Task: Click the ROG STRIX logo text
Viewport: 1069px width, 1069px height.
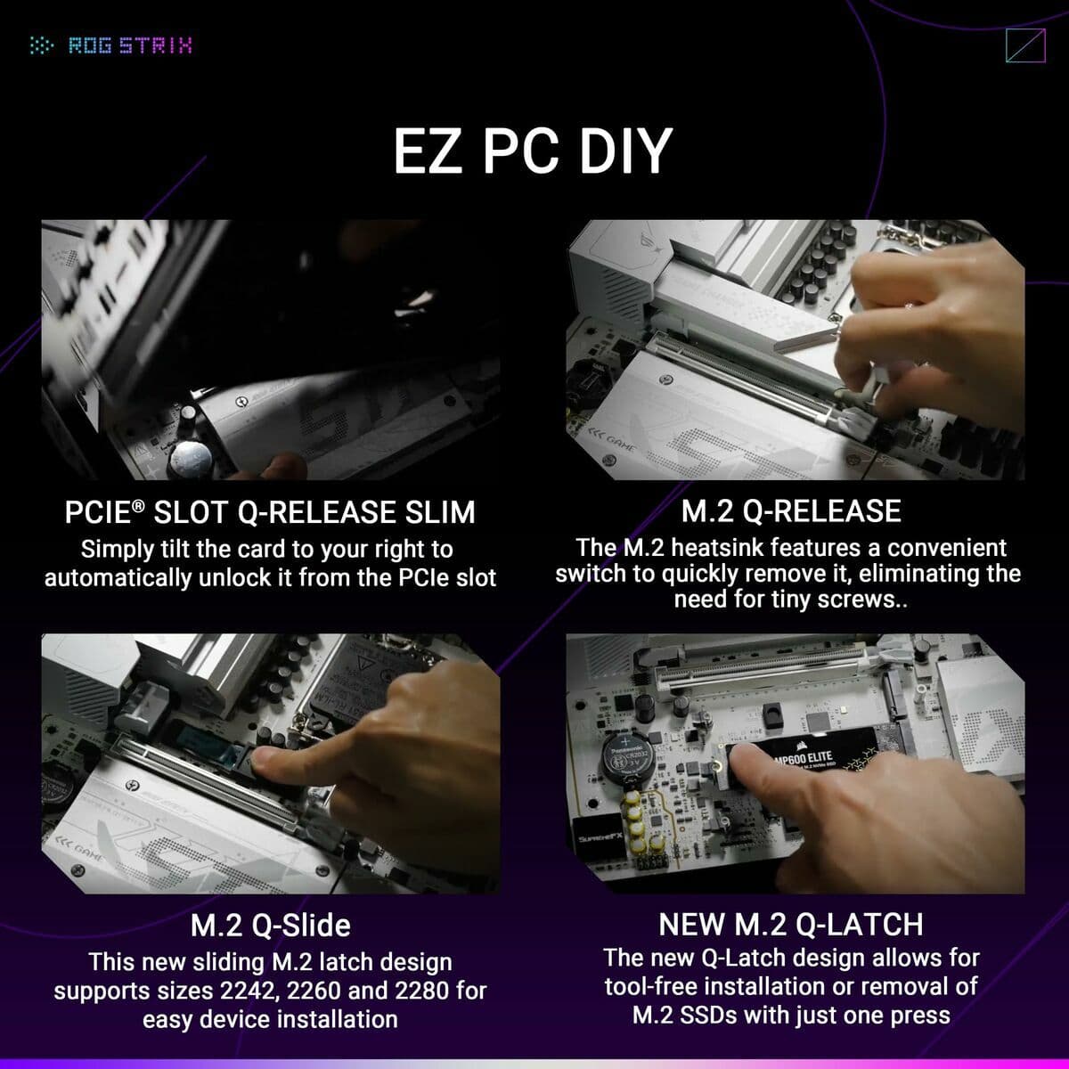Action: point(130,45)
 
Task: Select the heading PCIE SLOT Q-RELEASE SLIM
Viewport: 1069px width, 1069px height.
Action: point(270,512)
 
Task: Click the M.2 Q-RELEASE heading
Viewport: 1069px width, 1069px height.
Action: point(791,511)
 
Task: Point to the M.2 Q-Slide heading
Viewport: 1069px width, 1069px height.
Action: point(270,926)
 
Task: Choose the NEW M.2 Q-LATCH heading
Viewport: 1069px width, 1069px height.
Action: point(791,925)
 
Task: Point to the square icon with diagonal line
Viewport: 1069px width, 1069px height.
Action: point(1024,46)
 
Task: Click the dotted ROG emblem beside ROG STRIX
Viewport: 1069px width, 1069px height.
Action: point(42,45)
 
